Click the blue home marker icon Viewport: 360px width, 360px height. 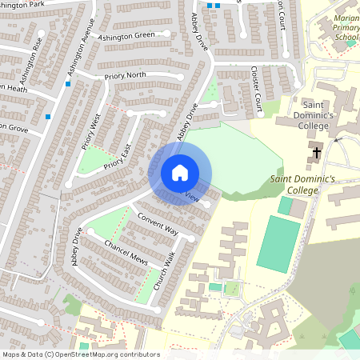click(x=180, y=172)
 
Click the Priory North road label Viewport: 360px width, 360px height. click(x=126, y=76)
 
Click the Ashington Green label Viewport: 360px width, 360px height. click(x=126, y=35)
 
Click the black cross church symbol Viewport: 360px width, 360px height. click(x=317, y=151)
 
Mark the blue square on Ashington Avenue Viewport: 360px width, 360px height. click(x=69, y=83)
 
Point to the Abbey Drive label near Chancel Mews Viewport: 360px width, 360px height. click(x=78, y=252)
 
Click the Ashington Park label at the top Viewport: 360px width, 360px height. click(x=24, y=4)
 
